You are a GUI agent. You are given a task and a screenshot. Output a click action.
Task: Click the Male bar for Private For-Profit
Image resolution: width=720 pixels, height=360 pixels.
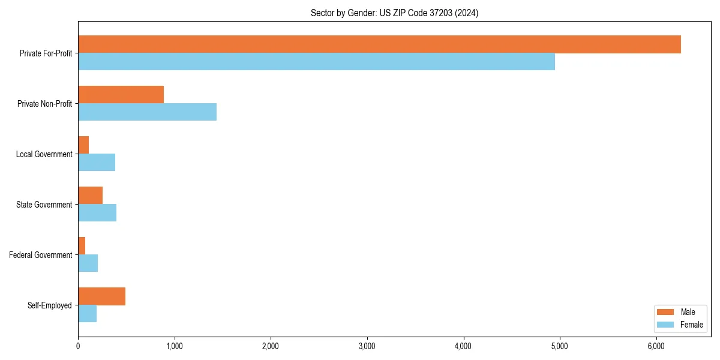(379, 44)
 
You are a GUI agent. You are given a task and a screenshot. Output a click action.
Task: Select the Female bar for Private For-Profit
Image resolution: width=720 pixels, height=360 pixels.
(316, 62)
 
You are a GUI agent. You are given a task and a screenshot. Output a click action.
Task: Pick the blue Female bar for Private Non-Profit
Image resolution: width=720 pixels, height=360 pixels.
(147, 112)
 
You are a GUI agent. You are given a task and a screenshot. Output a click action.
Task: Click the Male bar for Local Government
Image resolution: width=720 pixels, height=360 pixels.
(83, 145)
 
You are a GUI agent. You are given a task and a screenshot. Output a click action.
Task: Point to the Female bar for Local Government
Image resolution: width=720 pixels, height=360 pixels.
(97, 163)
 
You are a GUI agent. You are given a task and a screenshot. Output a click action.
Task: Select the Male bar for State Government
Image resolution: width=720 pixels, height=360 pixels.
(90, 196)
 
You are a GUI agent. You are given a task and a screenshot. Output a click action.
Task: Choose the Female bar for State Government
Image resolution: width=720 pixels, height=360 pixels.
(97, 213)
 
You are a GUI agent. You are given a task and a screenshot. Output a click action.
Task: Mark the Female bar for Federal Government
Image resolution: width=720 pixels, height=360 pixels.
(88, 263)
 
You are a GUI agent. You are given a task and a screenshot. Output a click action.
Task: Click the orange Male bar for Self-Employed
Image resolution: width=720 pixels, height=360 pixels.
(101, 296)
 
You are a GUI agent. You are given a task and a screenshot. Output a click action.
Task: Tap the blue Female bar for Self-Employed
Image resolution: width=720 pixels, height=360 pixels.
(87, 314)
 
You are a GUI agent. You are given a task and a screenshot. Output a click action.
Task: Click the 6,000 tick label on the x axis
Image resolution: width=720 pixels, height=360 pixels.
(656, 346)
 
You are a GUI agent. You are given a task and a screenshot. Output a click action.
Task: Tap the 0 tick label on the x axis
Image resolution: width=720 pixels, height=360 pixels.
(78, 346)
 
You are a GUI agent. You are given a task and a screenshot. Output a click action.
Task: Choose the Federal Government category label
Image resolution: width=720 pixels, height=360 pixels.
(41, 255)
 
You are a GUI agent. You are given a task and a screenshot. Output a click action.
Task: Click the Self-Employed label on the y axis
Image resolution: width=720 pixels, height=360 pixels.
(49, 305)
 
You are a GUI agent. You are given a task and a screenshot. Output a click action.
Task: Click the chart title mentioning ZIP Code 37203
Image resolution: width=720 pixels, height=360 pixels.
(394, 13)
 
